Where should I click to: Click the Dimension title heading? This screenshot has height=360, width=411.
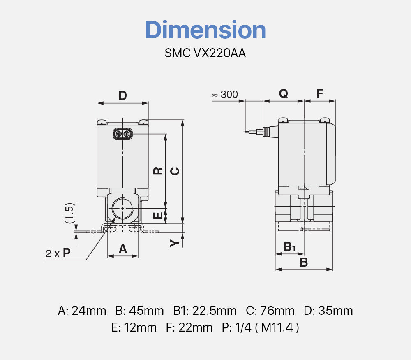[x=205, y=30]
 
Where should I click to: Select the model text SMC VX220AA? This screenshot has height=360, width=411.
[x=205, y=53]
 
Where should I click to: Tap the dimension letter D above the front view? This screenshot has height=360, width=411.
[x=122, y=96]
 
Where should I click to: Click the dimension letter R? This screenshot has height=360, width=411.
[x=158, y=171]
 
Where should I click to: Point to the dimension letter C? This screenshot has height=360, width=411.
[x=175, y=171]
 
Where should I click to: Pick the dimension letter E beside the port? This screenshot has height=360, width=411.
[x=158, y=216]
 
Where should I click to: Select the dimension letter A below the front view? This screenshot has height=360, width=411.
[x=122, y=249]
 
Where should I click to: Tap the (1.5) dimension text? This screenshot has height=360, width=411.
[x=69, y=213]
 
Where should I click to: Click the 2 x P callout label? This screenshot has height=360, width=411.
[x=58, y=253]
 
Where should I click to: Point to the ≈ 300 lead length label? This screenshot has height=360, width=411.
[x=225, y=95]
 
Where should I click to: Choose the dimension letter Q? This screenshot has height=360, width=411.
[x=283, y=94]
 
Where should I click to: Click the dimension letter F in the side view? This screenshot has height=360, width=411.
[x=319, y=94]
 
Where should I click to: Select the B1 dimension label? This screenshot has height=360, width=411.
[x=289, y=247]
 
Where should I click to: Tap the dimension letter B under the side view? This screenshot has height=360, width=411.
[x=304, y=262]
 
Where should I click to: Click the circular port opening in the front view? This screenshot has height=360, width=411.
[x=122, y=209]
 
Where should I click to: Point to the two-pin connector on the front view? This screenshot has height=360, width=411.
[x=122, y=134]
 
